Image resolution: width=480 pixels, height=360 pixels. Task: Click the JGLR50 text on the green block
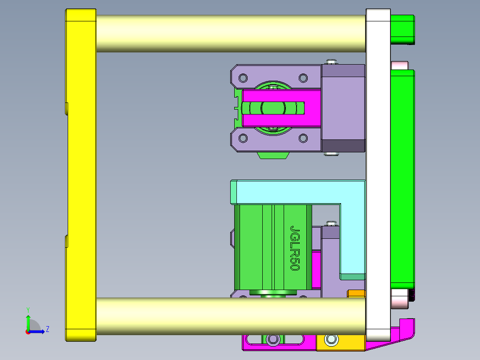[x=295, y=248]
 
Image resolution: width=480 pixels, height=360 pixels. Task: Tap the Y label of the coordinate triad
[x=28, y=309]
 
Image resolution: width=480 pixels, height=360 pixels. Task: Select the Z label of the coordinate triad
[x=47, y=329]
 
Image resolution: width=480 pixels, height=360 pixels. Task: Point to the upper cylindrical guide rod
[x=231, y=33]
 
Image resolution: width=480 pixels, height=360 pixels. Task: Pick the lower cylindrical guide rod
[x=231, y=316]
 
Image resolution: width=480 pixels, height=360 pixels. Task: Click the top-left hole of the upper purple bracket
[x=243, y=78]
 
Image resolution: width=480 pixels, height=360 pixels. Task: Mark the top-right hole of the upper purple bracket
[x=303, y=78]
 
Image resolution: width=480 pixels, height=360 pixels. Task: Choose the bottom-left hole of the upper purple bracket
[x=243, y=139]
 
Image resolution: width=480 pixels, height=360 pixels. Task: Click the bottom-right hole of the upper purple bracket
[x=303, y=139]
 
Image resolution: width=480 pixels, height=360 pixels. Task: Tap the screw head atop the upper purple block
[x=331, y=61]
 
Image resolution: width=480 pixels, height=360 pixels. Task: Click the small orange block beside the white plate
[x=356, y=294]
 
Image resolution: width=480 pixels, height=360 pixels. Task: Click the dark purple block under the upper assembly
[x=343, y=146]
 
